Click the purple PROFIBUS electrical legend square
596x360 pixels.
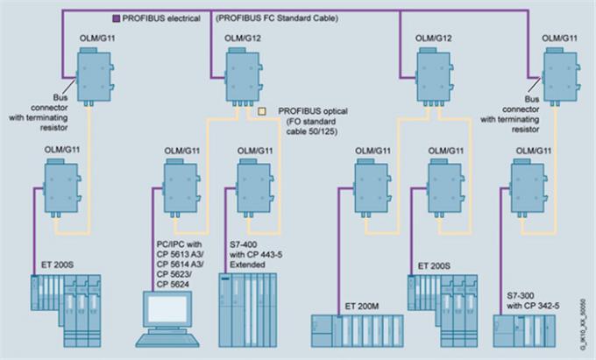click(x=117, y=18)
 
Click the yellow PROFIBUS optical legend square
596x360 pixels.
click(x=261, y=111)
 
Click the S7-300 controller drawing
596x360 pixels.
click(x=527, y=332)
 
